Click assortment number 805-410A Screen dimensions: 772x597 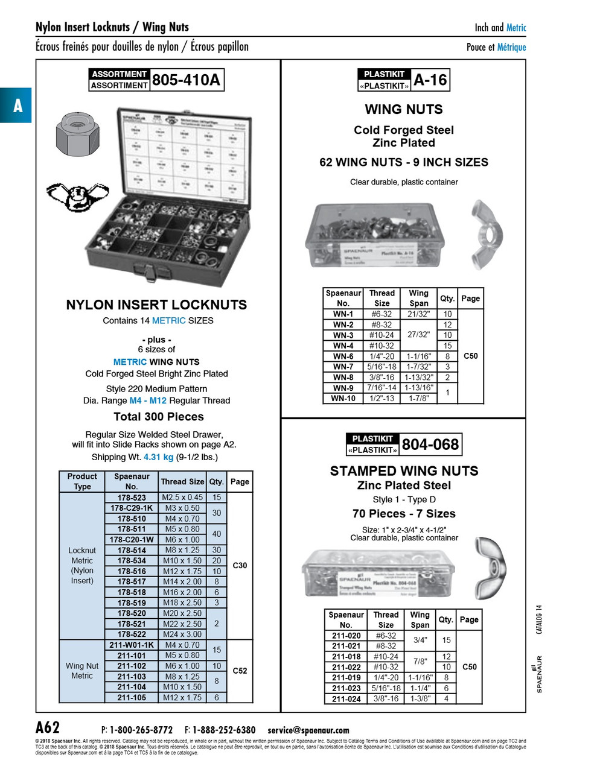tap(186, 80)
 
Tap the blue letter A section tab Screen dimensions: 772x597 tap(17, 106)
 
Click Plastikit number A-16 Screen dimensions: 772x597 tap(430, 80)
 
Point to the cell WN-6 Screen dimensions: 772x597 tap(343, 356)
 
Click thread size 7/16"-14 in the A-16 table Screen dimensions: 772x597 tap(382, 388)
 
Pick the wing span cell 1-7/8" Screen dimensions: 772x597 tap(418, 398)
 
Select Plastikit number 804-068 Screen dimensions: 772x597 tap(430, 445)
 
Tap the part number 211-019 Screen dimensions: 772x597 tap(346, 677)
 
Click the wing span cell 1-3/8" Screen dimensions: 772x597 tap(420, 698)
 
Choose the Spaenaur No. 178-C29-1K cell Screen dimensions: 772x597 tap(132, 508)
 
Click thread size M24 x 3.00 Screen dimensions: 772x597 tap(182, 634)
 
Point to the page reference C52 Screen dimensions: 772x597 tap(240, 671)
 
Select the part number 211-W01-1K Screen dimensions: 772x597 tap(132, 645)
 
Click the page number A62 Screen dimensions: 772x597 tap(48, 727)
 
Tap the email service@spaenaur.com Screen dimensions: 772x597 tap(308, 730)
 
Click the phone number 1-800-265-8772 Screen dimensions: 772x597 tap(141, 730)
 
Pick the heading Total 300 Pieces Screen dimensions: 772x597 tap(159, 417)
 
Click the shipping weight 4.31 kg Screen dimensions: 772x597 tap(158, 457)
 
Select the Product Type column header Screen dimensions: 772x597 tap(82, 481)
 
